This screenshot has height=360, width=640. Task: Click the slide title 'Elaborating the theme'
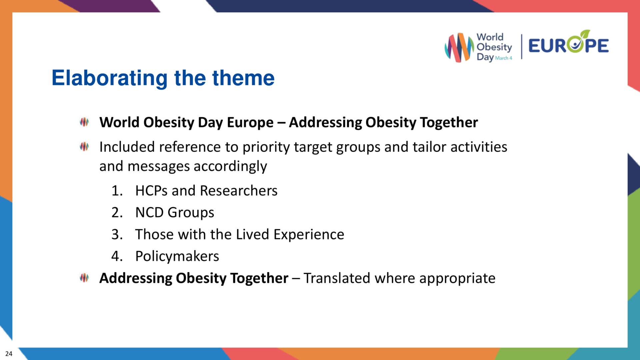tap(163, 78)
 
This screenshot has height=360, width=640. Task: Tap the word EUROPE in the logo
tap(568, 46)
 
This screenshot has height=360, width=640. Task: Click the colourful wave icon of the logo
tap(459, 47)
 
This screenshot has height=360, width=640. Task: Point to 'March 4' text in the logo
tap(503, 58)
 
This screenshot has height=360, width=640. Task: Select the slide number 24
tap(9, 354)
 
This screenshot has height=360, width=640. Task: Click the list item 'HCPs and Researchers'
tap(206, 191)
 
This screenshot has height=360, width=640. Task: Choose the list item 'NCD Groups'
tap(174, 212)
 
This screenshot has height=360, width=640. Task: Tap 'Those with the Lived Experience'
tap(239, 234)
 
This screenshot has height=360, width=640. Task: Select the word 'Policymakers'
tap(177, 256)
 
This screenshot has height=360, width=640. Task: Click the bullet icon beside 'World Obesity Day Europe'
tap(84, 122)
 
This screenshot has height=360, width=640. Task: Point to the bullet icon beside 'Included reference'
tap(84, 146)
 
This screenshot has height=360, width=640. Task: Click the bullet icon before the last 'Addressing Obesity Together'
tap(84, 278)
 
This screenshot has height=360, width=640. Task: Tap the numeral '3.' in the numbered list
tap(117, 234)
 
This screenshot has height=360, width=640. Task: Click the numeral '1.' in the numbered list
tap(117, 191)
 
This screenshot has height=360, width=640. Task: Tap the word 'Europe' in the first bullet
tap(250, 122)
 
